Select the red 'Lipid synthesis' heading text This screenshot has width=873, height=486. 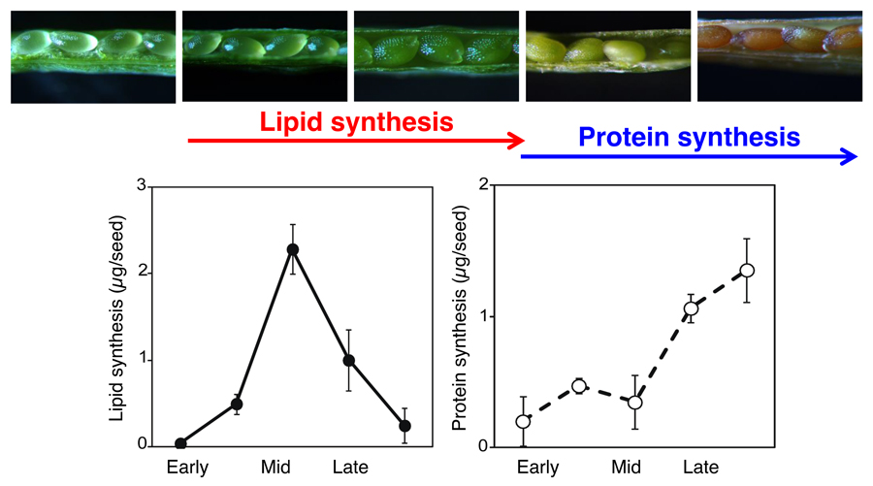pos(356,122)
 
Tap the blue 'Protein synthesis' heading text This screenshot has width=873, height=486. pos(689,137)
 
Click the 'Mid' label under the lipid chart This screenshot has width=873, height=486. pos(275,468)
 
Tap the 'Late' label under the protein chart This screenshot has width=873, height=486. pos(698,468)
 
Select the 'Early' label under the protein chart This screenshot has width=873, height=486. pos(537,468)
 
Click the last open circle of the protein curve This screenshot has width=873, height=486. pos(747,271)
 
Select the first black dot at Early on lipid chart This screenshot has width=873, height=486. pos(180,444)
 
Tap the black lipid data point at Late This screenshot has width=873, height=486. pos(349,360)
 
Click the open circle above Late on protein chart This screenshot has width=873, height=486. pos(692,309)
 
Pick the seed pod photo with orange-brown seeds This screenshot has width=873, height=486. pos(780,56)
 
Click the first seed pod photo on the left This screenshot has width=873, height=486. pos(93,56)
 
